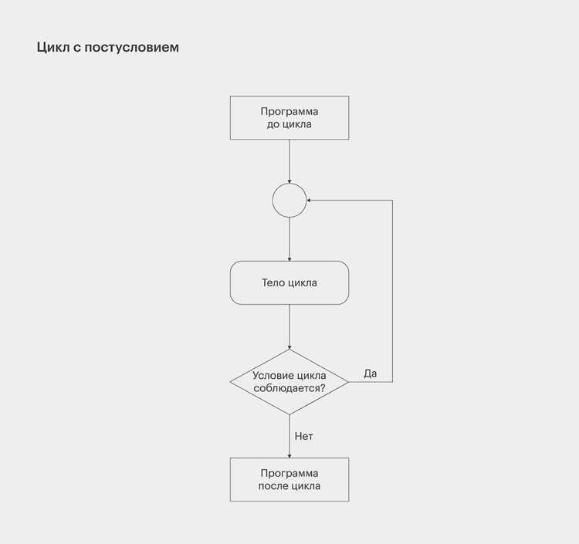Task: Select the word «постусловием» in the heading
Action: pyautogui.click(x=132, y=48)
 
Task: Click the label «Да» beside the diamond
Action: pyautogui.click(x=371, y=373)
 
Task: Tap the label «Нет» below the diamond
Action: pyautogui.click(x=304, y=436)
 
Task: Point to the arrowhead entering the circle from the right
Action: pyautogui.click(x=309, y=201)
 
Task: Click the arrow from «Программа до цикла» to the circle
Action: pyautogui.click(x=289, y=161)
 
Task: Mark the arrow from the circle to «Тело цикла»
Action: pyautogui.click(x=289, y=239)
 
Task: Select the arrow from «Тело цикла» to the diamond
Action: pyautogui.click(x=289, y=327)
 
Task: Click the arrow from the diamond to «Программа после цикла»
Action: pyautogui.click(x=289, y=436)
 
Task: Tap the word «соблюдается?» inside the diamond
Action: pyautogui.click(x=289, y=388)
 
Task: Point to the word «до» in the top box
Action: pyautogui.click(x=273, y=124)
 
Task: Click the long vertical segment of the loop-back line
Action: pyautogui.click(x=392, y=291)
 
